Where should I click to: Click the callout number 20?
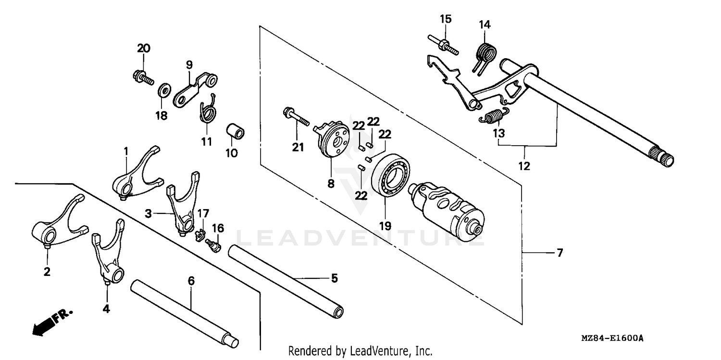143,48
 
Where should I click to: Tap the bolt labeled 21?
295,118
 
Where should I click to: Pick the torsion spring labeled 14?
487,53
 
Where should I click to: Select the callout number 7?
559,253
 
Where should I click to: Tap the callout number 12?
524,166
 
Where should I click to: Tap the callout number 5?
334,278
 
